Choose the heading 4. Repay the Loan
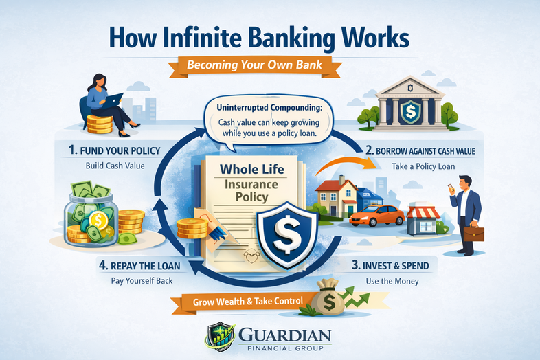coord(142,265)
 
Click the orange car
coord(376,216)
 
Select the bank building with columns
coord(411,103)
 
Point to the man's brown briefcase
coord(473,233)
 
